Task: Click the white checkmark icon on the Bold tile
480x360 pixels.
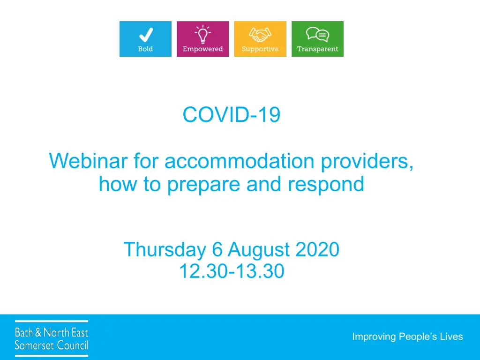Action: tap(146, 35)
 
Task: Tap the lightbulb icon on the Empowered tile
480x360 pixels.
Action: tap(202, 34)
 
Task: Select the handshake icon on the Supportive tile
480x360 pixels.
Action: tap(260, 35)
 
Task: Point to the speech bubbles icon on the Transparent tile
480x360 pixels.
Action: tap(317, 34)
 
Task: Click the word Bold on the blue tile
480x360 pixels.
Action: tap(145, 49)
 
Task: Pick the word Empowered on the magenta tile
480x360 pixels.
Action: tap(202, 49)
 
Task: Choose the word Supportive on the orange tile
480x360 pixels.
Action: tap(260, 49)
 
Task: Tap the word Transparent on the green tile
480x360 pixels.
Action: tap(317, 49)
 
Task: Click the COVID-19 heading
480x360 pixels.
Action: tap(232, 115)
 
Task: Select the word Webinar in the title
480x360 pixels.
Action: tap(88, 161)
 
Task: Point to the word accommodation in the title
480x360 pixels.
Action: tap(240, 161)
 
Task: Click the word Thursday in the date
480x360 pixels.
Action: tap(165, 250)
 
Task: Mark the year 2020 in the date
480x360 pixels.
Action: tap(317, 249)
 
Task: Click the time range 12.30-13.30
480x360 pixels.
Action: tap(232, 271)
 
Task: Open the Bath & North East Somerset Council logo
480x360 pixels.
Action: tap(52, 338)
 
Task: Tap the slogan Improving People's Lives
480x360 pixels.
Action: tap(407, 337)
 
